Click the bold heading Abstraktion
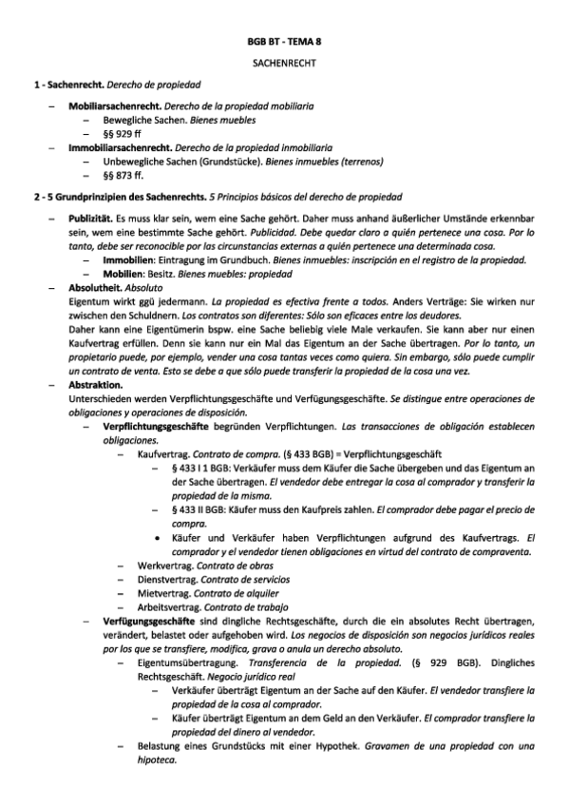pos(95,385)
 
